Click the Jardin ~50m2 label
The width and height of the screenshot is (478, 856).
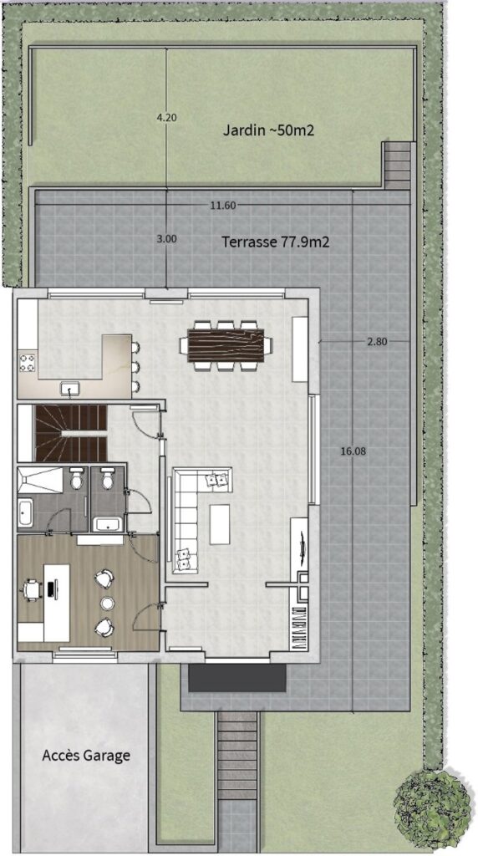pos(268,130)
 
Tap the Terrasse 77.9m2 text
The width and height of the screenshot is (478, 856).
pos(275,242)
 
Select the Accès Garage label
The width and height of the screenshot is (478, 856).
pos(86,756)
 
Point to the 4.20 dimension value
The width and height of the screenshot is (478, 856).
pos(166,117)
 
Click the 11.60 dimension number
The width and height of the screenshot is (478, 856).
pos(222,206)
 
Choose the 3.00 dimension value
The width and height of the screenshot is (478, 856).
pos(166,238)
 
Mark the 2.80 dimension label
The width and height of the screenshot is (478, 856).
pos(377,342)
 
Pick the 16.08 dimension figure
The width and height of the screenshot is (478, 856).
pos(352,451)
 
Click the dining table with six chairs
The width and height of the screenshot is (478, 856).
pos(226,345)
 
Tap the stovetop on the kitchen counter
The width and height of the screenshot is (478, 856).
pos(28,363)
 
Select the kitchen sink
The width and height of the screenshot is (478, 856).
pos(70,389)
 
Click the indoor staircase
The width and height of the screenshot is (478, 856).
pos(70,434)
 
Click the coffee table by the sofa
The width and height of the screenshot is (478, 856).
pos(220,524)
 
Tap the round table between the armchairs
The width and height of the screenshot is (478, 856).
pos(106,603)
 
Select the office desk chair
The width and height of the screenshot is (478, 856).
pos(31,589)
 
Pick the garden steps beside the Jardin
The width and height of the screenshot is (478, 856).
pos(397,166)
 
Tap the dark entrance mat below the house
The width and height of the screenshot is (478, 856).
pos(236,677)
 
